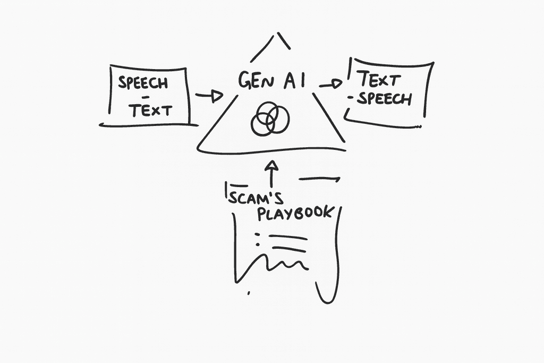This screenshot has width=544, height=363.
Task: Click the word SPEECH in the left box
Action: click(143, 83)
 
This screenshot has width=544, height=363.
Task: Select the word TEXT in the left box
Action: click(151, 110)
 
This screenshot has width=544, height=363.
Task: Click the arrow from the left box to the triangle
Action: click(208, 96)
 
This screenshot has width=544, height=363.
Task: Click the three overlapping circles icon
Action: click(270, 120)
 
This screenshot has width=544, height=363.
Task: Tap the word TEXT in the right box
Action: click(378, 80)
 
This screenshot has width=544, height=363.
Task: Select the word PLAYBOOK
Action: click(295, 213)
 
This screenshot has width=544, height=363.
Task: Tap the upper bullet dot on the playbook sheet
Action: click(258, 233)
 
